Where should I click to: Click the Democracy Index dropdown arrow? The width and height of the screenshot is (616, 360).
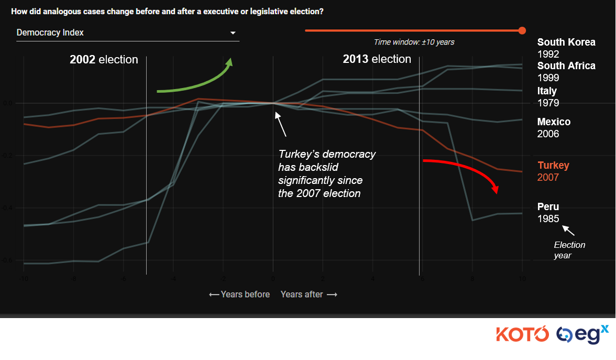coord(233,33)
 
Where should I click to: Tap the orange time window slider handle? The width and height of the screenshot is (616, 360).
coord(522,30)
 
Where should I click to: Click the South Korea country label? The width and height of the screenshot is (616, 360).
coord(566,42)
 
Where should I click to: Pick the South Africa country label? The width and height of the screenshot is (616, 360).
coord(566,66)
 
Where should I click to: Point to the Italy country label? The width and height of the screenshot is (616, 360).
coord(547,91)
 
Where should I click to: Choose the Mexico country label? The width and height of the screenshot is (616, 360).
coord(554,122)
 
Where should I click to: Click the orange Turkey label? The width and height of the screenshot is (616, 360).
coord(553,166)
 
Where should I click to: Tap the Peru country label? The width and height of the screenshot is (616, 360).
coord(548,207)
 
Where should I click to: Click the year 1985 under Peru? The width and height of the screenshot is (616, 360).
coord(548,219)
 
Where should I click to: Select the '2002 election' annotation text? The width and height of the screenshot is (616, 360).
coord(104,60)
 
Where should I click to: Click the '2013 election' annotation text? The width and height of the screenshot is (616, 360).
coord(377,59)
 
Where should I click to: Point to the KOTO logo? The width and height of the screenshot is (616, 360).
coord(522,334)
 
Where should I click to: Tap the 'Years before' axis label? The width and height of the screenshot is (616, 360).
coord(239,294)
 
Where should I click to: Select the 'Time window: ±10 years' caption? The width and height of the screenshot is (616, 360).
coord(414,42)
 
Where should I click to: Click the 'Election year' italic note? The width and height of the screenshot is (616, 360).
coord(569,250)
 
